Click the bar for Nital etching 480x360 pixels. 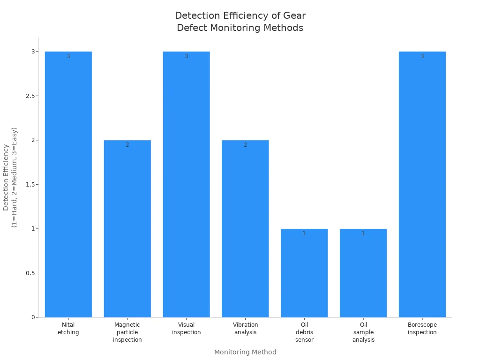point(68,184)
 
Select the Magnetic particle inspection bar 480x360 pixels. point(127,229)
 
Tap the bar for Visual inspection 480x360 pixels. point(186,184)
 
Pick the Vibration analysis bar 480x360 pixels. point(245,229)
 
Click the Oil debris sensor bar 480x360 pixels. point(304,273)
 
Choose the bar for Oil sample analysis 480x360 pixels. point(363,273)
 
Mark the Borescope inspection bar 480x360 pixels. point(422,184)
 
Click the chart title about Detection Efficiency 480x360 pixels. point(240,22)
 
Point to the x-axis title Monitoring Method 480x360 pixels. point(245,352)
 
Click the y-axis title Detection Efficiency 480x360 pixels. point(10,178)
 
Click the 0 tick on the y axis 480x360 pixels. point(33,317)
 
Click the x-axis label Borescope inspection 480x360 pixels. point(422,329)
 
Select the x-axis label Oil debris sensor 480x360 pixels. point(304,332)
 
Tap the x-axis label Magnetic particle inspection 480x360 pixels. point(127,332)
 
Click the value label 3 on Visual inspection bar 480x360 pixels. point(186,56)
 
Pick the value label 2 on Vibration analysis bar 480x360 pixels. point(245,145)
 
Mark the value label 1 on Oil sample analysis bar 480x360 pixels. point(363,233)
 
